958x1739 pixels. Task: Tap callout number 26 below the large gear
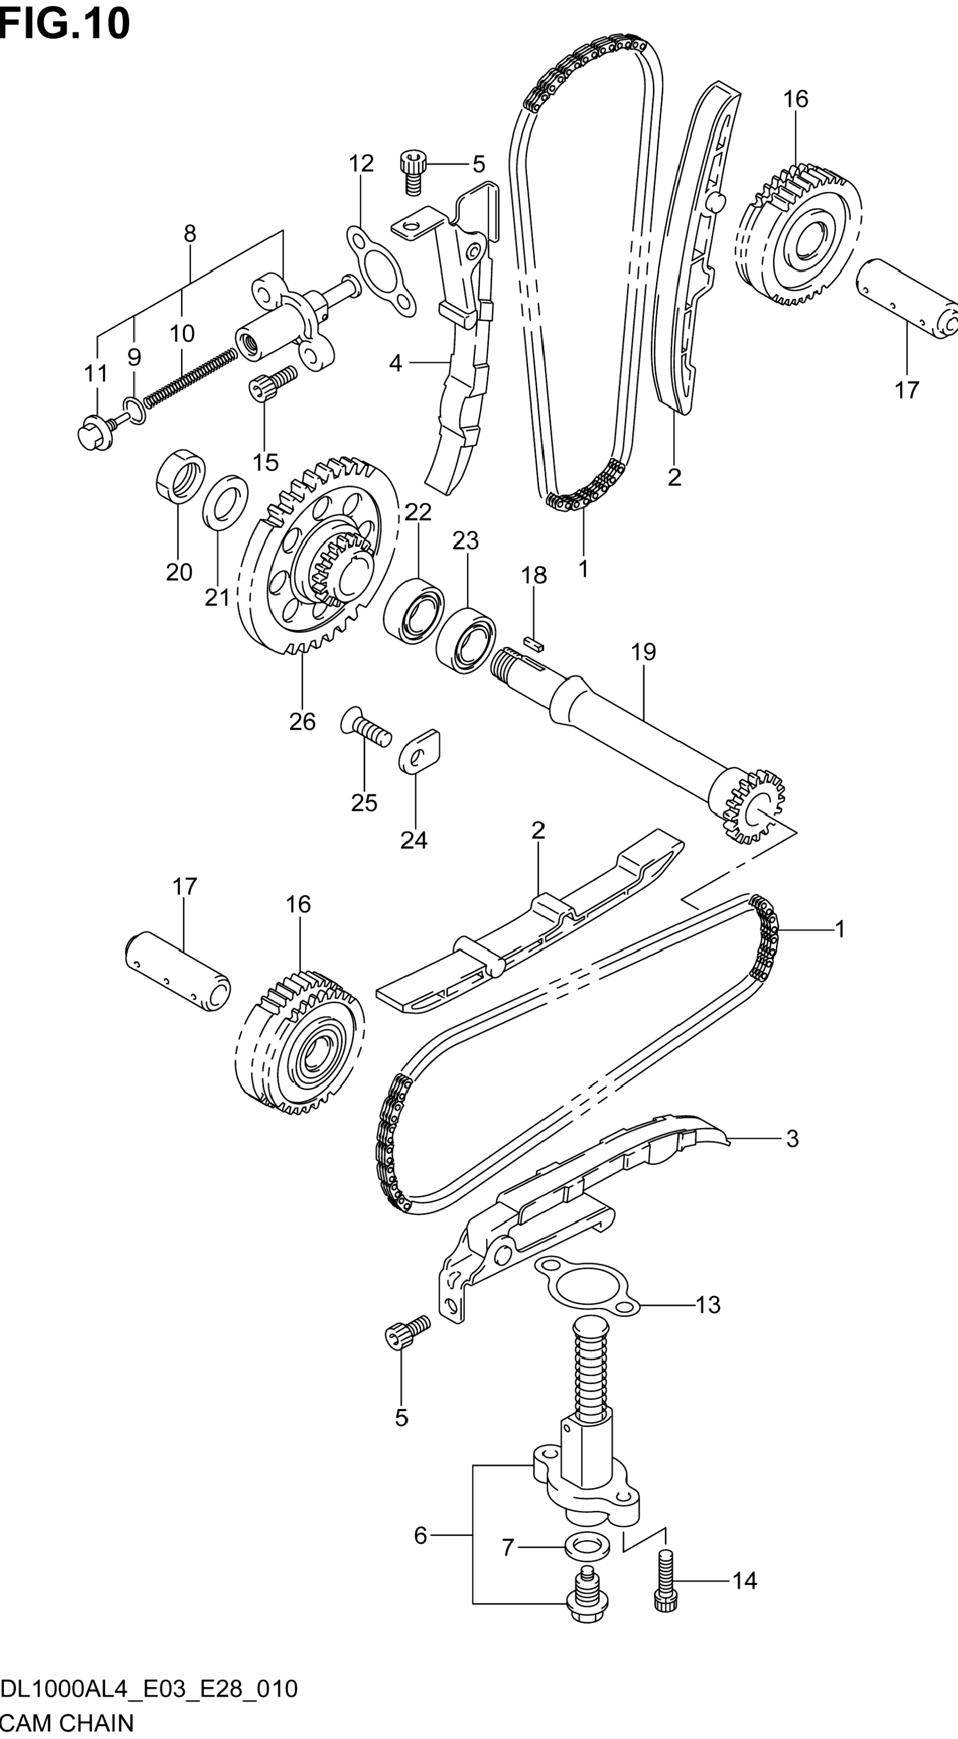pyautogui.click(x=302, y=722)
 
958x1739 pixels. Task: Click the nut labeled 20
pyautogui.click(x=181, y=475)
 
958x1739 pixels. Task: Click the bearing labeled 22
pyautogui.click(x=414, y=601)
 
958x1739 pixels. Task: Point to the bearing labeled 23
pyautogui.click(x=467, y=640)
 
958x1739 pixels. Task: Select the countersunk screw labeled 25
pyautogui.click(x=366, y=727)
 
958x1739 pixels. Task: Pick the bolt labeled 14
pyautogui.click(x=665, y=1581)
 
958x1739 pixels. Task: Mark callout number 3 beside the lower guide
pyautogui.click(x=792, y=1139)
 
